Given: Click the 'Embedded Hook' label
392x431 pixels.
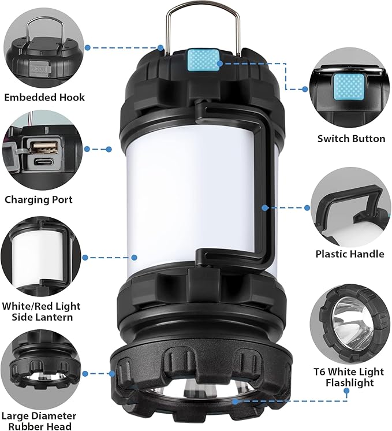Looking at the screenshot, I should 44,97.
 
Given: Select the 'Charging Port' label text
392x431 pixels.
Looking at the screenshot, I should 39,200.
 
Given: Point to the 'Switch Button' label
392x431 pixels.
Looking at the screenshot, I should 351,139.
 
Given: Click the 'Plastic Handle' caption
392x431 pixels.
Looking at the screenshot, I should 350,254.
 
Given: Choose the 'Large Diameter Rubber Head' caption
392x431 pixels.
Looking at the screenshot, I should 38,421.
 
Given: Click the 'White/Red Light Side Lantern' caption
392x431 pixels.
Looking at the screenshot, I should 41,311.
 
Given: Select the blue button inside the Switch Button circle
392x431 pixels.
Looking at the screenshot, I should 352,90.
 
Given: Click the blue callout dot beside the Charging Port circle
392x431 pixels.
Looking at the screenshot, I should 87,149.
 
